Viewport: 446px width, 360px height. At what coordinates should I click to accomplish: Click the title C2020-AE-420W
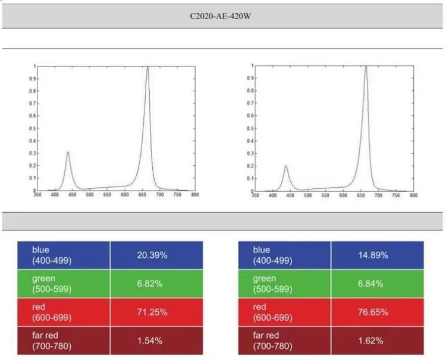tap(221, 16)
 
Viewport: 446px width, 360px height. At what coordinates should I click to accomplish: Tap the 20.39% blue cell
tap(152, 255)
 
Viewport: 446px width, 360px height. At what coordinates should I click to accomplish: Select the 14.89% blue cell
tap(373, 255)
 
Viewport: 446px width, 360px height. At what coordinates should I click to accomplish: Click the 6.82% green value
tap(150, 283)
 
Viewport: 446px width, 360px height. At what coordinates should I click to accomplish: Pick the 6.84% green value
tap(370, 283)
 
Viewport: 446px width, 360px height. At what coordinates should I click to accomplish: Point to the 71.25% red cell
tap(152, 312)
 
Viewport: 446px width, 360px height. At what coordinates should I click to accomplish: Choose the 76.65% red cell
tap(373, 312)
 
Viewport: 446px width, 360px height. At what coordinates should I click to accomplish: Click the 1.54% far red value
tap(150, 340)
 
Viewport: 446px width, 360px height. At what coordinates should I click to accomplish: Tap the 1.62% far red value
tap(370, 340)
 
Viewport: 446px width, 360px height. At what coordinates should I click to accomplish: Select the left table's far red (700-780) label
tap(52, 340)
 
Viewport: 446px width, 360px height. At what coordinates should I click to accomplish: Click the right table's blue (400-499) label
tap(272, 255)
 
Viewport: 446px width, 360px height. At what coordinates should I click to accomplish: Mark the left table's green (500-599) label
tap(52, 283)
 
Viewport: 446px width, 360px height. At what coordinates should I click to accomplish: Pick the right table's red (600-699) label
tap(272, 312)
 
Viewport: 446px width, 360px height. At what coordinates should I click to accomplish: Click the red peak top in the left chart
tap(147, 67)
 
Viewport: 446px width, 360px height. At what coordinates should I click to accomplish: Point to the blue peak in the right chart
tap(286, 166)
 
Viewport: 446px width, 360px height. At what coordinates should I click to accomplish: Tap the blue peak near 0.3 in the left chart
tap(68, 152)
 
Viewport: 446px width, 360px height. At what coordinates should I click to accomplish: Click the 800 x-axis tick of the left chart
tap(195, 195)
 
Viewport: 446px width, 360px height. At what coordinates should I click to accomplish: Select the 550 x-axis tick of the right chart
tap(325, 195)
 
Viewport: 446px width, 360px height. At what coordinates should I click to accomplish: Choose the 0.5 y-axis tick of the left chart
tap(33, 128)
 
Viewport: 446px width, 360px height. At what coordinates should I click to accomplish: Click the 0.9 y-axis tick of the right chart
tap(250, 78)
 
